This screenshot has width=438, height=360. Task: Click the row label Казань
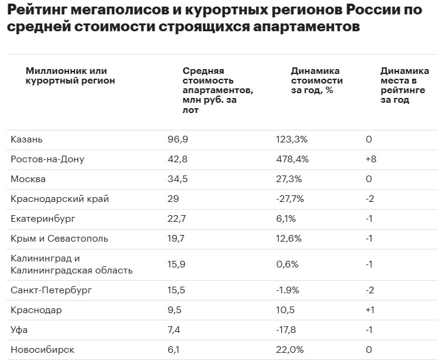click(26, 139)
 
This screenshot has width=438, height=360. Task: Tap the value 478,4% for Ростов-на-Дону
click(292, 159)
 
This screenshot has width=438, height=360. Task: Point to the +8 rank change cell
click(371, 159)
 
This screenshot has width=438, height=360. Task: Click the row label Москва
click(28, 179)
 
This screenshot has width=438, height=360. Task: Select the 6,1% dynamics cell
click(286, 219)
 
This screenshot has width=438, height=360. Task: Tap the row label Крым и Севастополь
click(59, 239)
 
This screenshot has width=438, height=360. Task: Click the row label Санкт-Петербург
click(51, 290)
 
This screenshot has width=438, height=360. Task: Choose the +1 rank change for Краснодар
click(371, 310)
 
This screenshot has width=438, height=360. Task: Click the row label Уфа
click(19, 330)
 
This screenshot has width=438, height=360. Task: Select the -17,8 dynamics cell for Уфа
click(288, 330)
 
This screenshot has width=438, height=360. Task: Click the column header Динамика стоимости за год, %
click(317, 81)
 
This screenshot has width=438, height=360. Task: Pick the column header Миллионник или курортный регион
click(70, 76)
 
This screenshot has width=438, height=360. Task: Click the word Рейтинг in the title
click(42, 10)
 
